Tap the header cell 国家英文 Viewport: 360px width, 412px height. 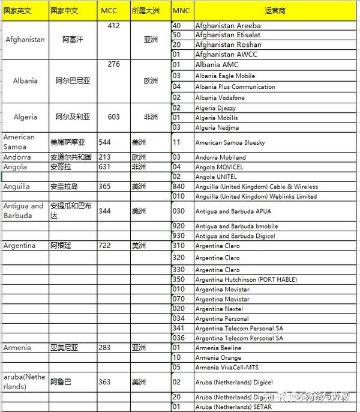point(17,11)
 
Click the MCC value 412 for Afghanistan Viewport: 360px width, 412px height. point(114,26)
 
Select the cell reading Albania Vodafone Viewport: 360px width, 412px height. point(220,97)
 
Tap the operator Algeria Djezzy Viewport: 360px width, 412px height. point(215,108)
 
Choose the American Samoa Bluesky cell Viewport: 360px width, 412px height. point(230,142)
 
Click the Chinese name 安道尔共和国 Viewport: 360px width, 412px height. point(71,157)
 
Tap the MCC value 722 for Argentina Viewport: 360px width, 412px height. point(105,246)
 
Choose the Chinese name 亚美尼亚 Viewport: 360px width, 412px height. point(64,348)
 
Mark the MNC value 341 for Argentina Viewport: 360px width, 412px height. point(178,328)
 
